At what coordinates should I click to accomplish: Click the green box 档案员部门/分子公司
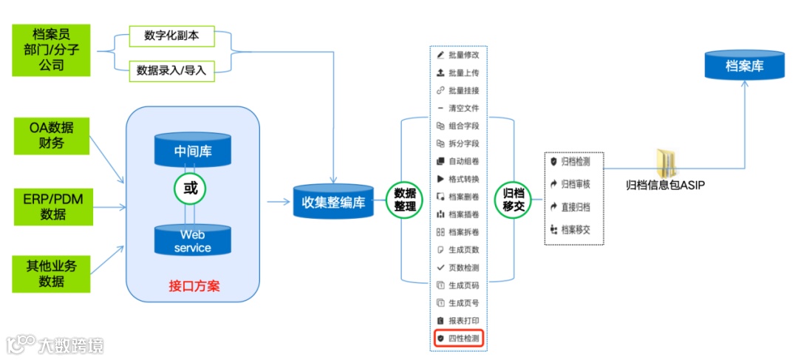coord(50,50)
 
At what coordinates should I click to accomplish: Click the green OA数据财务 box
coord(52,135)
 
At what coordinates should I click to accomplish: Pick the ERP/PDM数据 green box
coord(52,206)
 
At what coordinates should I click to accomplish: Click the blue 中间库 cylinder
coord(193,150)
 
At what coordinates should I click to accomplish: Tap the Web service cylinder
coord(193,240)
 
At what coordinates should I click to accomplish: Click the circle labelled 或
coord(191,189)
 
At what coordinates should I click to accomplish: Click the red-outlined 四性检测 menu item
coord(458,338)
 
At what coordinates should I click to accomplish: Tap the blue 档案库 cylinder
coord(744,66)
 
